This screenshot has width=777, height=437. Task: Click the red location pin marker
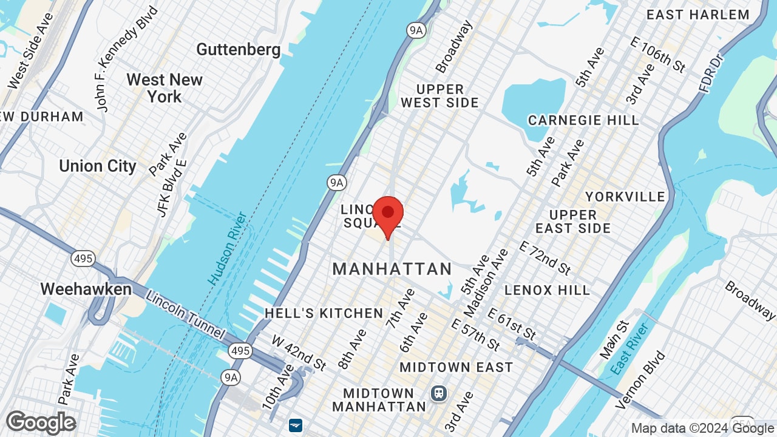(x=388, y=214)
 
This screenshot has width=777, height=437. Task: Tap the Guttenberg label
(x=239, y=50)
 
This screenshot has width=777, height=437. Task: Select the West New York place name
(x=164, y=88)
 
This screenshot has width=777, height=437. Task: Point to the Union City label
(x=98, y=166)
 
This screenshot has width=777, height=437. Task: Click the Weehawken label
(x=86, y=289)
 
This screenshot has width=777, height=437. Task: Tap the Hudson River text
(x=227, y=248)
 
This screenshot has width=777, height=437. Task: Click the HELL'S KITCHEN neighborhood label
(x=324, y=313)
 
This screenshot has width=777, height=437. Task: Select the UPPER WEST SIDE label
(x=440, y=96)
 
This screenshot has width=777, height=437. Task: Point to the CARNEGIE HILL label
(x=583, y=120)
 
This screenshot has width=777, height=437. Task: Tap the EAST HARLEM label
(x=697, y=15)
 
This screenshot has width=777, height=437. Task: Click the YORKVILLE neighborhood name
(x=625, y=197)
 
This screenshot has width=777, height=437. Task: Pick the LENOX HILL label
(x=547, y=290)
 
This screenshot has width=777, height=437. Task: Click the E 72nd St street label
(x=545, y=256)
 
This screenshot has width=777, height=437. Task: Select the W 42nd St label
(x=299, y=352)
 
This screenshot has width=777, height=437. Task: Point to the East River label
(x=631, y=348)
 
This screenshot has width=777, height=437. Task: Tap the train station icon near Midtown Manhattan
(x=438, y=393)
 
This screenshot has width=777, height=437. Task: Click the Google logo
(x=41, y=422)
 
